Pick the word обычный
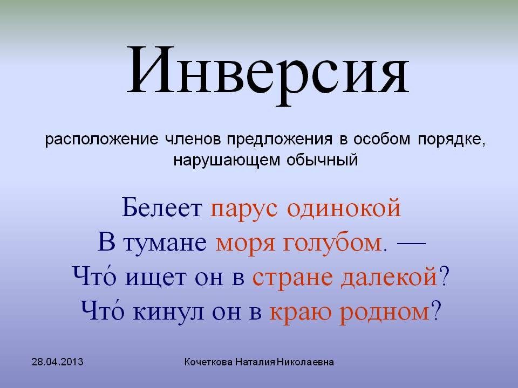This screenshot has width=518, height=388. click(322, 160)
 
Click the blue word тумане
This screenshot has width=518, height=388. click(165, 243)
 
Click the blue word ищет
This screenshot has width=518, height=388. click(155, 278)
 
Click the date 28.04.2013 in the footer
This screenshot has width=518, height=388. click(58, 362)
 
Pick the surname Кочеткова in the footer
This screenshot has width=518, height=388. click(208, 362)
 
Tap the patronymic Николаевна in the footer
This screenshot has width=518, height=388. click(305, 362)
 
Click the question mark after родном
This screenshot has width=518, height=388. click(437, 311)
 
